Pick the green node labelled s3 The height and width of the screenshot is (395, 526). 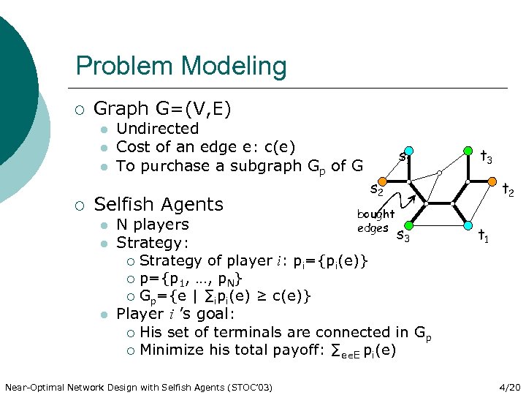408,225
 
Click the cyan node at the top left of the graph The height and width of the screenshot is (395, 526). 409,151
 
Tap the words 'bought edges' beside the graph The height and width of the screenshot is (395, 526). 375,221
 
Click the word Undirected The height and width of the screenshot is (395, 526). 157,129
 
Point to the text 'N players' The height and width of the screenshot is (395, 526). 153,224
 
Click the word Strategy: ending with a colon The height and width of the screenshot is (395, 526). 153,242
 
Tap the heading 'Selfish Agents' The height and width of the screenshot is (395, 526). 159,204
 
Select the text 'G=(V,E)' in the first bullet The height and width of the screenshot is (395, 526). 194,109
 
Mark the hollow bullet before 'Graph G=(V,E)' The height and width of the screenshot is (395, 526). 80,110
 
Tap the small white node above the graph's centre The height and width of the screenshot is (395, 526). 439,173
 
